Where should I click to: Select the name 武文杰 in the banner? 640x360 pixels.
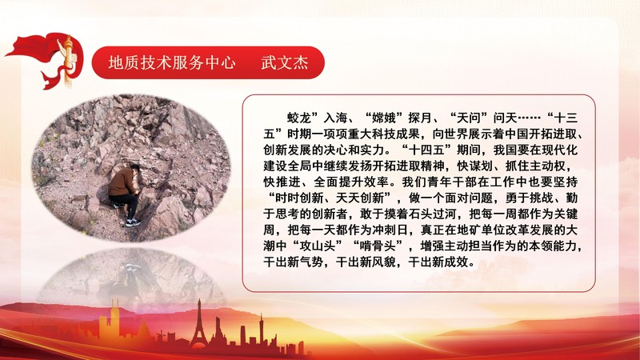[x=283, y=63]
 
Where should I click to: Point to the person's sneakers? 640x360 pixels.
[x=133, y=222]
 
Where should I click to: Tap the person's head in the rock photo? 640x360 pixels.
[x=135, y=169]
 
